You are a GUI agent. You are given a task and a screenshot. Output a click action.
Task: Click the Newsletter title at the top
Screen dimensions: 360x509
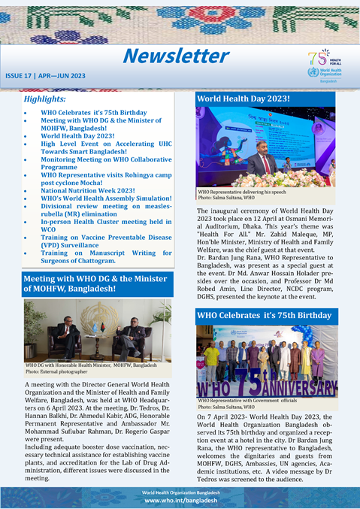pos(176,56)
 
